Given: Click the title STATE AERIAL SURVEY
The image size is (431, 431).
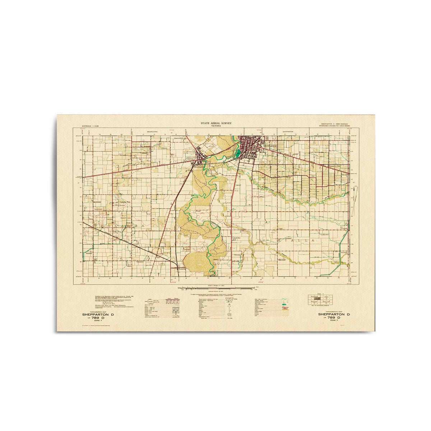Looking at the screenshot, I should pos(216,123).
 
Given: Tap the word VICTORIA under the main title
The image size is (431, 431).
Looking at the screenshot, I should pos(216,125).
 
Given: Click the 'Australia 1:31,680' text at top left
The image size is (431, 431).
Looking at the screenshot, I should pos(91,126).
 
